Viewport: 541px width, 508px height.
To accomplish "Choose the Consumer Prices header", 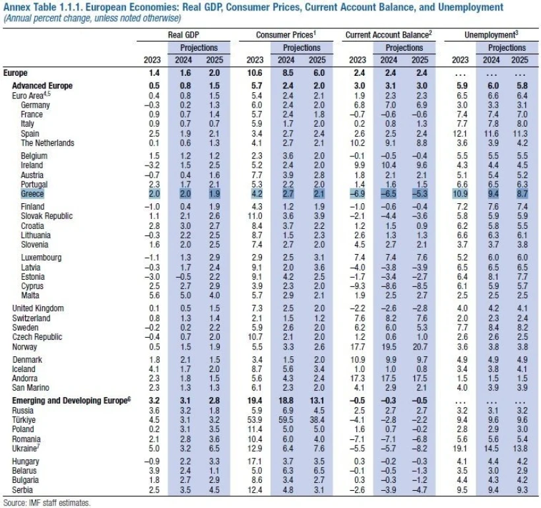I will (285, 34).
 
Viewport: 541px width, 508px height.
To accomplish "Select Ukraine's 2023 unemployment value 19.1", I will (461, 447).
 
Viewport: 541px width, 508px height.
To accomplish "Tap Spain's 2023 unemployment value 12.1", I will (461, 133).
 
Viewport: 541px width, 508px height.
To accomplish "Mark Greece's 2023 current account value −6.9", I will (356, 194).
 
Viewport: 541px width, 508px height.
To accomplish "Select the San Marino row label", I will (38, 387).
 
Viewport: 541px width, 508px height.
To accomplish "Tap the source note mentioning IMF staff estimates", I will (46, 502).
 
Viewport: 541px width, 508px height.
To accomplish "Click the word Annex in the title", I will (16, 7).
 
